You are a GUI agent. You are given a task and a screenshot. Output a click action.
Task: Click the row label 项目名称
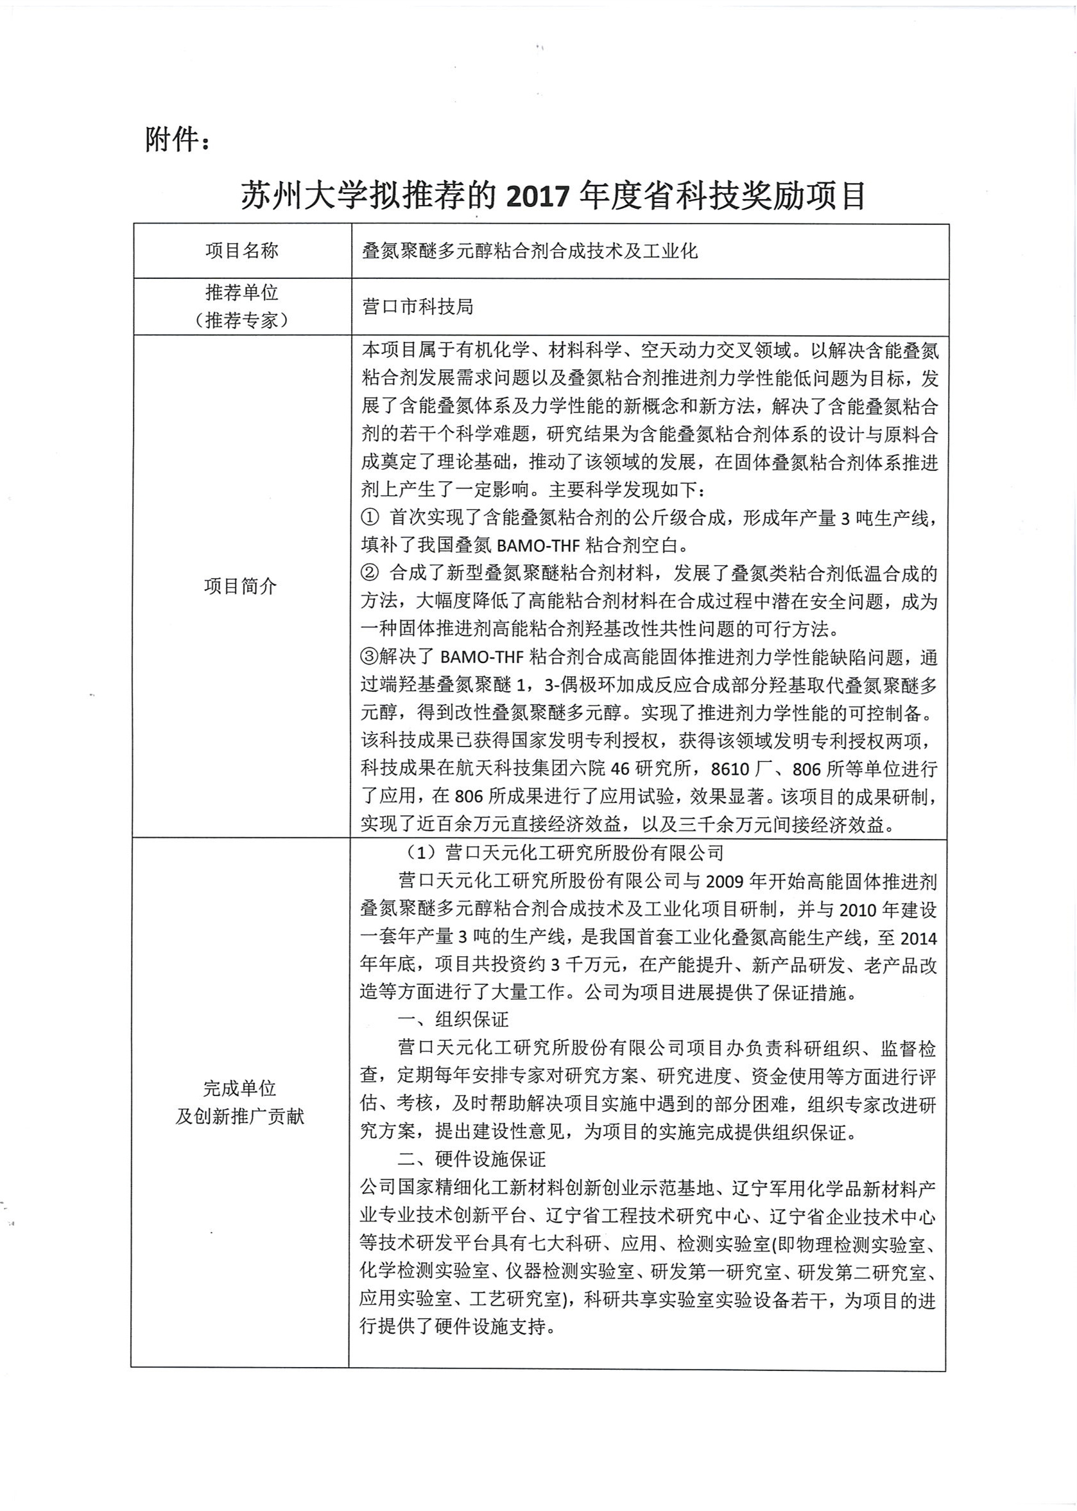pyautogui.click(x=241, y=251)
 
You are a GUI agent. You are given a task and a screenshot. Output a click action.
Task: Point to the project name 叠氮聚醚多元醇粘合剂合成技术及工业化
pyautogui.click(x=530, y=251)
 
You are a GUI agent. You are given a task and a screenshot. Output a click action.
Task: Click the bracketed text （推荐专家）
pyautogui.click(x=241, y=321)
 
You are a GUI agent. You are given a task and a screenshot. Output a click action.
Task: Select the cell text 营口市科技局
pyautogui.click(x=417, y=306)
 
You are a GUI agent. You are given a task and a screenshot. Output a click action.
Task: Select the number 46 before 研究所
pyautogui.click(x=619, y=769)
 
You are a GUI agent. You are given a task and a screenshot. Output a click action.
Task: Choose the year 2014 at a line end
pyautogui.click(x=918, y=938)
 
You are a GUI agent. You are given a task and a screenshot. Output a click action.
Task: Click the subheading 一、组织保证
pyautogui.click(x=454, y=1020)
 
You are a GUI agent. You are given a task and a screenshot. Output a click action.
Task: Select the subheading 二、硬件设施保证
pyautogui.click(x=472, y=1160)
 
